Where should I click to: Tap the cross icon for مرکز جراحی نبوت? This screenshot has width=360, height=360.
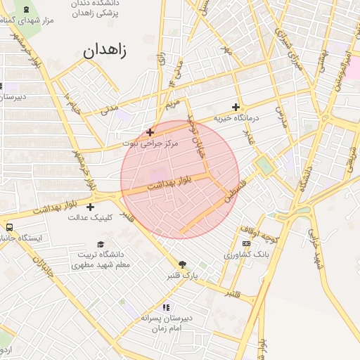[x=150, y=131]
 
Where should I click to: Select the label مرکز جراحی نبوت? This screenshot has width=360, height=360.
[x=150, y=143]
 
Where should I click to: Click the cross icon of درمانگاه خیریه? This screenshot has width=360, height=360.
[x=236, y=107]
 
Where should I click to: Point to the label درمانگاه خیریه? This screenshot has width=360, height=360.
[x=237, y=118]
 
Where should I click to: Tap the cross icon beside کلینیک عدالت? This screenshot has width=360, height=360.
[x=90, y=207]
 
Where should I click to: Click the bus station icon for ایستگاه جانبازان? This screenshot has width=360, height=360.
[x=9, y=227]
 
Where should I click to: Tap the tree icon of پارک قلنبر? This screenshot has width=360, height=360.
[x=183, y=264]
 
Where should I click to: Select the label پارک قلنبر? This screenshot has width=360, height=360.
[x=183, y=276]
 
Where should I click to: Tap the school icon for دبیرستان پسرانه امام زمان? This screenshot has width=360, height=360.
[x=166, y=307]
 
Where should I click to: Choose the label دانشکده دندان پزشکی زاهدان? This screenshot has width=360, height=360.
[x=95, y=8]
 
